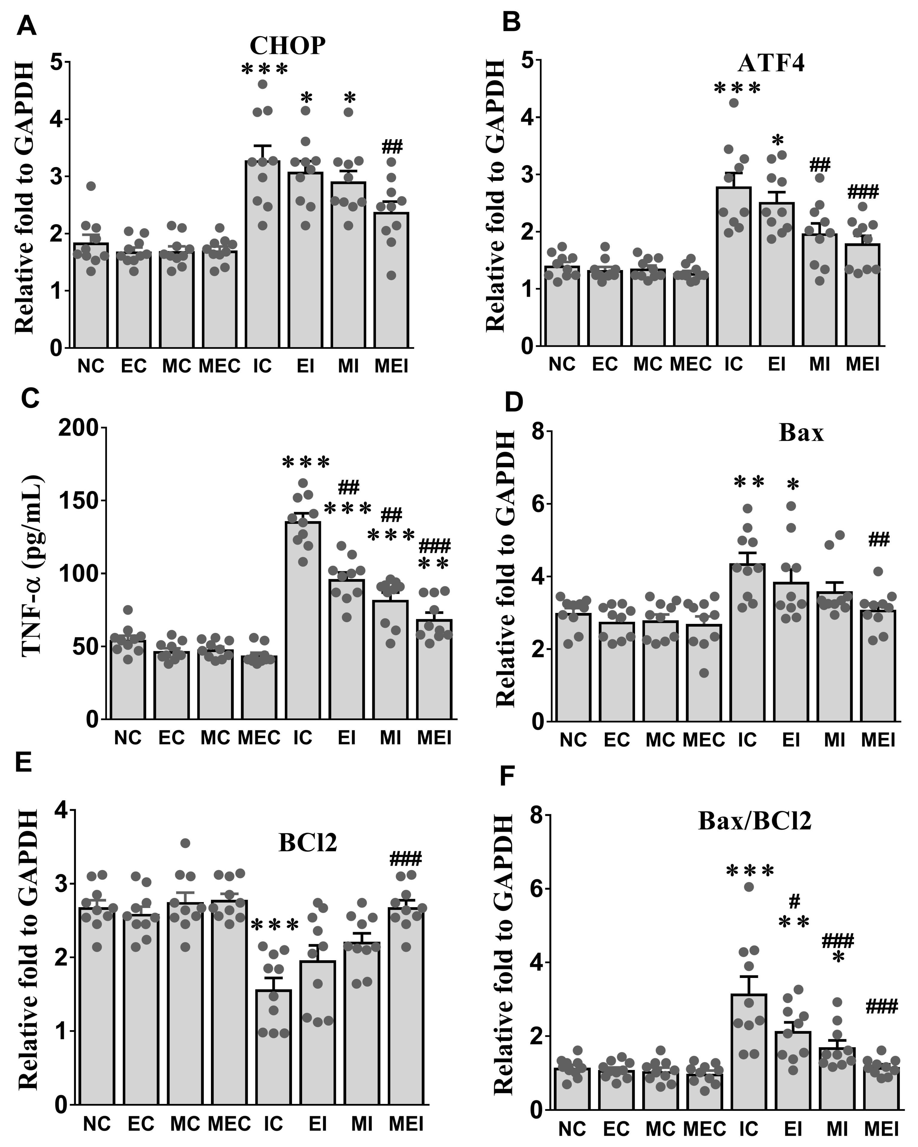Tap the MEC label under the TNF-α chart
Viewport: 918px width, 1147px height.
(x=259, y=738)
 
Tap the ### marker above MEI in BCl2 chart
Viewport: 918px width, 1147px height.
(x=406, y=859)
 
